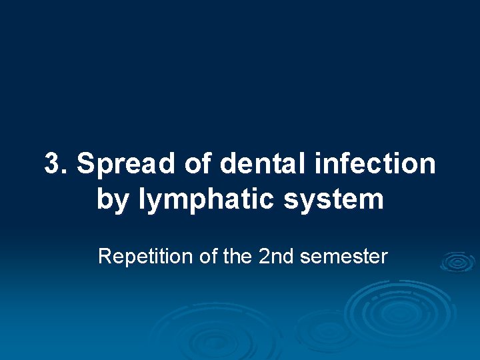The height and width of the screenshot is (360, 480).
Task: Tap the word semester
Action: point(344,257)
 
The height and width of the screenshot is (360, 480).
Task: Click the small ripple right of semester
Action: point(457,262)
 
